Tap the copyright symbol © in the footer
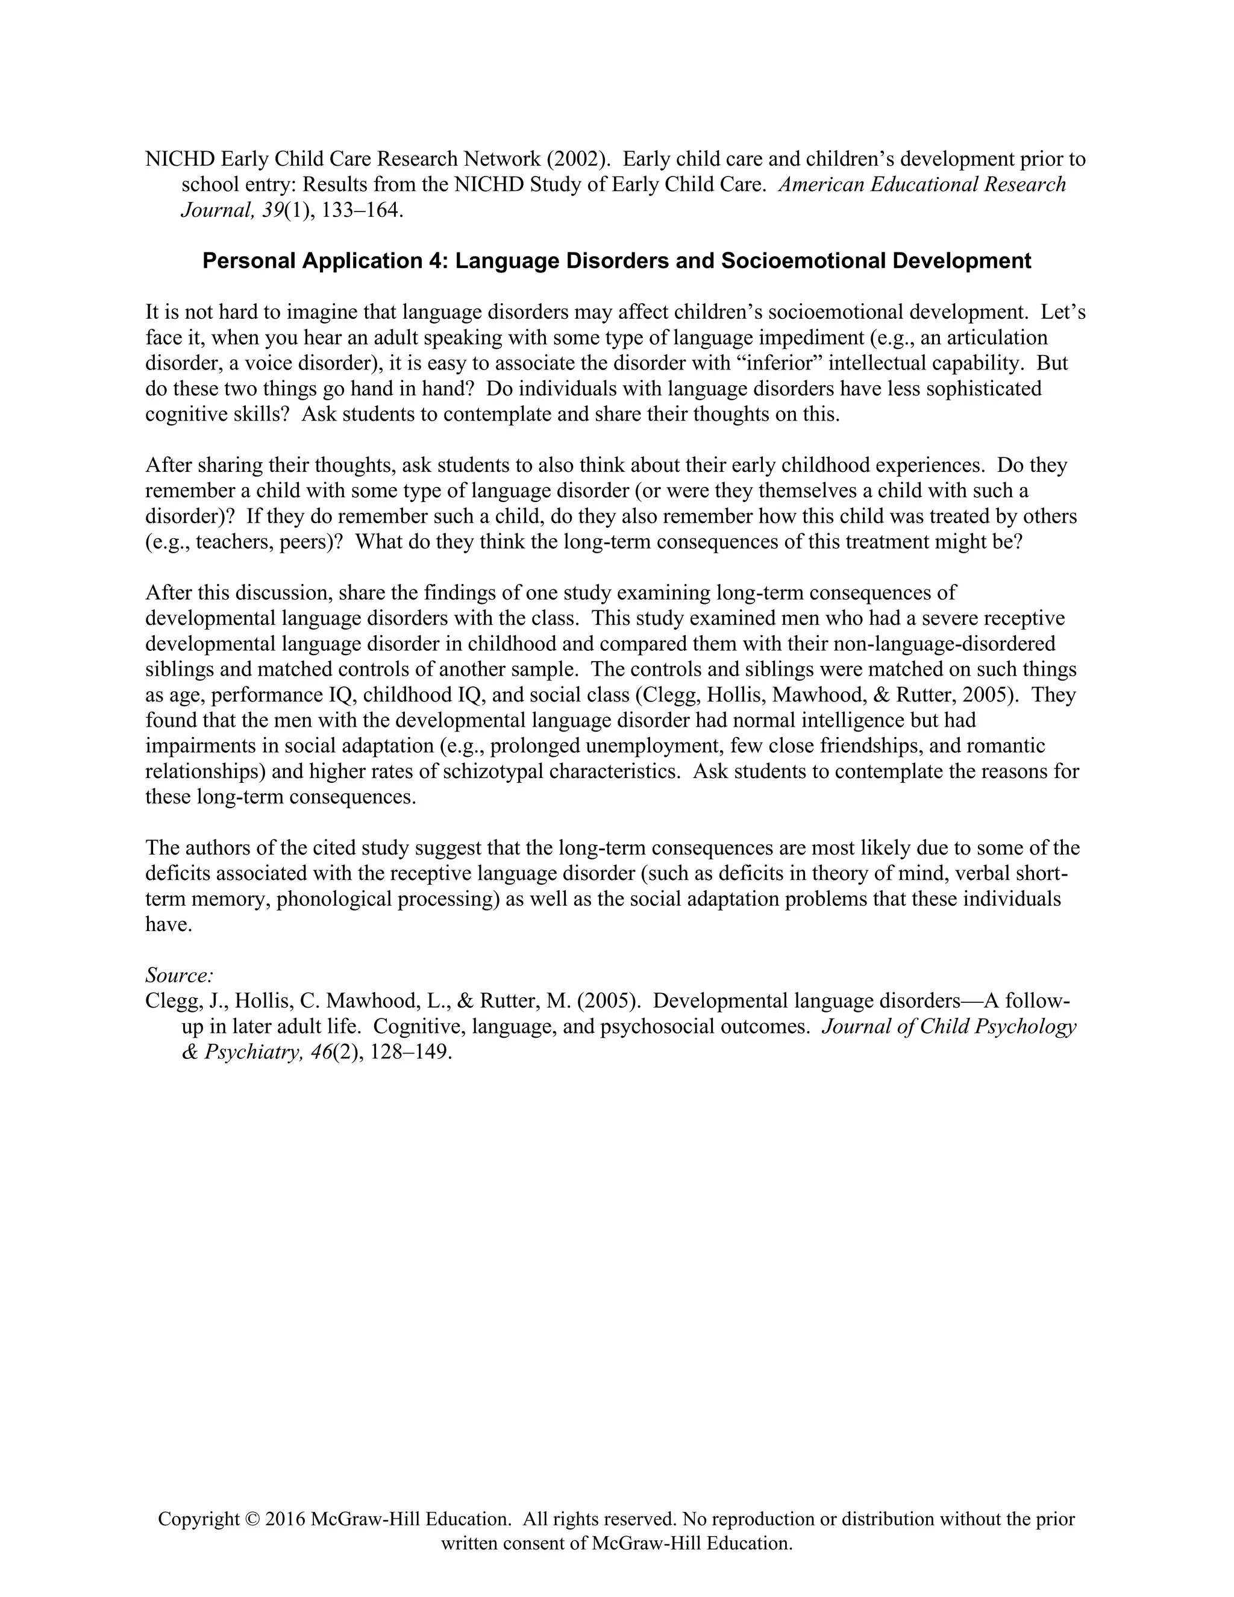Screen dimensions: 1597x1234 coord(253,1519)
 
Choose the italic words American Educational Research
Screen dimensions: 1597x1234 coord(922,185)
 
